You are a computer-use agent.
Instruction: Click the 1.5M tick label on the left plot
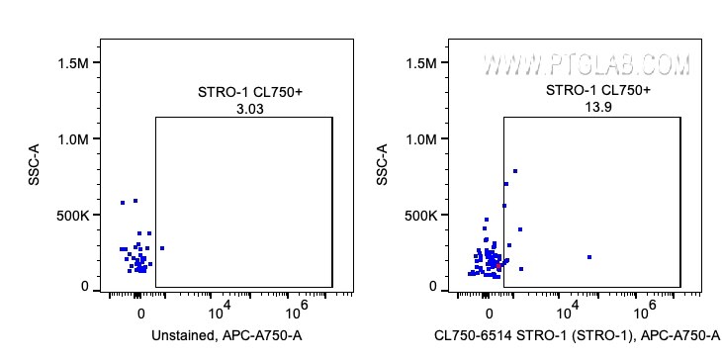click(71, 63)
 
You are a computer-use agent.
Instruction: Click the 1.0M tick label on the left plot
click(71, 139)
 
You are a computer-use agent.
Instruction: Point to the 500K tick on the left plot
click(71, 215)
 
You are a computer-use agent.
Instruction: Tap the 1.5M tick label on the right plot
click(419, 63)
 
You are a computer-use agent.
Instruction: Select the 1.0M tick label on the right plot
click(419, 139)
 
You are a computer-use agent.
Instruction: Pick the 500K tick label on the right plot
click(419, 215)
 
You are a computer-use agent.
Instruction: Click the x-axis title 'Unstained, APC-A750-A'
click(226, 337)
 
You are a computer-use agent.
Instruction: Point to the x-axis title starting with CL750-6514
click(577, 337)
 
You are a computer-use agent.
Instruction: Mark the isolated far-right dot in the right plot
click(588, 257)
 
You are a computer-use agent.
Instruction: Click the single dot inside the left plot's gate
click(161, 248)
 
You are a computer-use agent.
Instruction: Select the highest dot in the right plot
click(515, 171)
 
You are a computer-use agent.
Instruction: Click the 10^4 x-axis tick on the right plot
click(561, 309)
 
